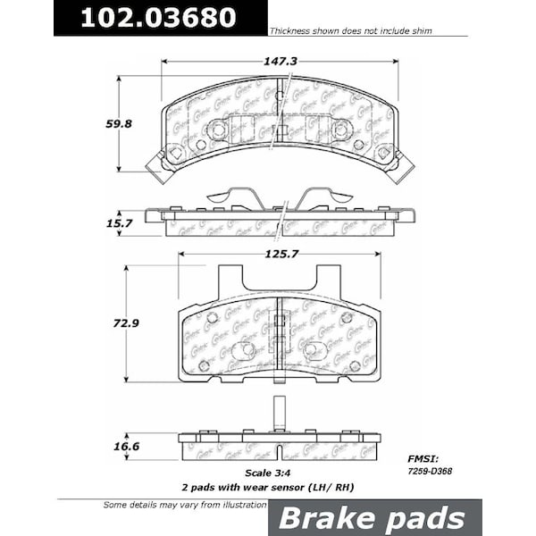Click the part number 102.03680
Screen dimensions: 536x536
(159, 18)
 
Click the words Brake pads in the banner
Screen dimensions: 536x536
(373, 518)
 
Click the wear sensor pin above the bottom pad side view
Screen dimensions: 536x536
(280, 413)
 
